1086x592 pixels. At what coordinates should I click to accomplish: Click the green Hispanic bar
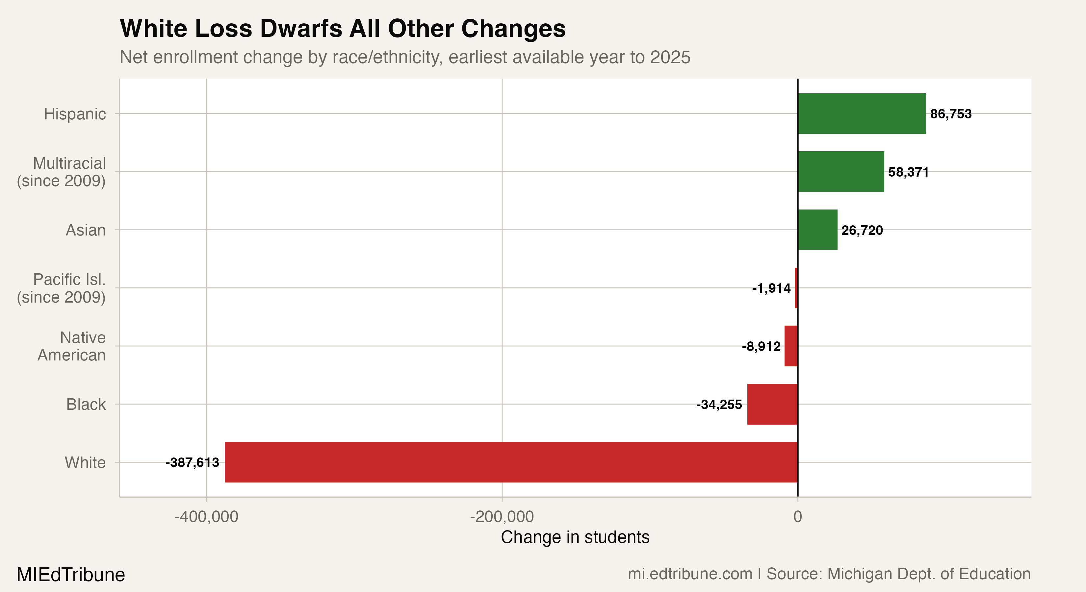(861, 113)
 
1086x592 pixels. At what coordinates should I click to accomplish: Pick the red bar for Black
(772, 404)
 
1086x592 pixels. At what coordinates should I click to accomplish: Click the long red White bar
(511, 462)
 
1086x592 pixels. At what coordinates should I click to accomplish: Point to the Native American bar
(791, 346)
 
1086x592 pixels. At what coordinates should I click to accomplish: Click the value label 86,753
(951, 114)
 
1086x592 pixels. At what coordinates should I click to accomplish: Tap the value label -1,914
(771, 288)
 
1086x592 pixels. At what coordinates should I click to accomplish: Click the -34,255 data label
(719, 405)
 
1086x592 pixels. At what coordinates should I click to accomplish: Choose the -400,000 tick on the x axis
(207, 517)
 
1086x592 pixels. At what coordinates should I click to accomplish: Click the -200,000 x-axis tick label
(502, 517)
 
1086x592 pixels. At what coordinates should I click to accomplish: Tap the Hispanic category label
(75, 114)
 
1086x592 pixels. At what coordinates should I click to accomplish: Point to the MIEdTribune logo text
(71, 575)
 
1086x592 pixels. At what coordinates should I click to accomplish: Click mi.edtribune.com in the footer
(690, 574)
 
